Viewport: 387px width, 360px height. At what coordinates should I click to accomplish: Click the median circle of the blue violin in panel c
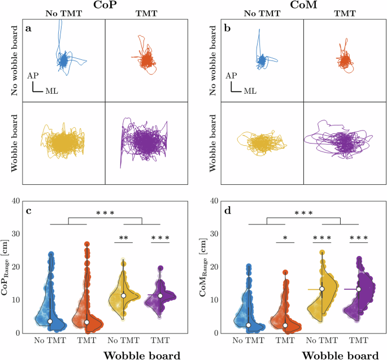(x=50, y=321)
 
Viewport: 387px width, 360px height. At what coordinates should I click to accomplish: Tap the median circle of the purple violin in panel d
(x=358, y=289)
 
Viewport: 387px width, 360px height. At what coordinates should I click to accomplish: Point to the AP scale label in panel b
(x=231, y=75)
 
